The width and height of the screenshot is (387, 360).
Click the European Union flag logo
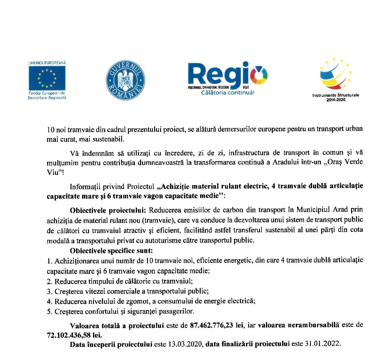47,78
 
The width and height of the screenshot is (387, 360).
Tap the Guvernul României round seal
125,80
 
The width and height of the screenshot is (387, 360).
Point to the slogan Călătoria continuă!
228,93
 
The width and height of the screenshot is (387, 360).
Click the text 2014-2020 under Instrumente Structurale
336,100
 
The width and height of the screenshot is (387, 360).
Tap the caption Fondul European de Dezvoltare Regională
47,95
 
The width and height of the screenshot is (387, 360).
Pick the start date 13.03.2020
186,344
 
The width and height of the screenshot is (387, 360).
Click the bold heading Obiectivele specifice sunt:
111,250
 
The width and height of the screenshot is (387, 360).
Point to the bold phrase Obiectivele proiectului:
107,210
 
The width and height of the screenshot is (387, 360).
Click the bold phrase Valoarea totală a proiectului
117,325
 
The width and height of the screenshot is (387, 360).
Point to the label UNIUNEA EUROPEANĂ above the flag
47,63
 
